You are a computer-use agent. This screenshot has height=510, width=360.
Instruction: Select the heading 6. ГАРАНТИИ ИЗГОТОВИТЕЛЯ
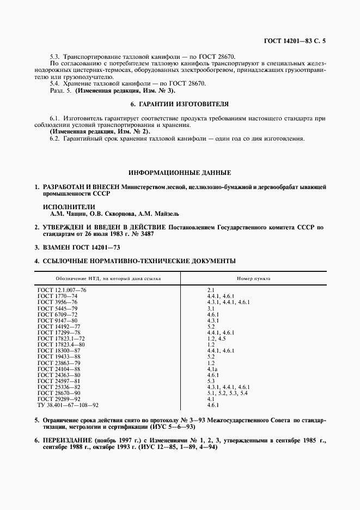[x=179, y=103]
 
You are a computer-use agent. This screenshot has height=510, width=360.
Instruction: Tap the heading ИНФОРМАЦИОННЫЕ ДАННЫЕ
[x=179, y=173]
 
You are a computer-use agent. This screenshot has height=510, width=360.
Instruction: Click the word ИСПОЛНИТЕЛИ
[x=69, y=207]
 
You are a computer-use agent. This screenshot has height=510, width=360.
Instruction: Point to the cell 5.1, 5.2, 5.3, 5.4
[x=228, y=393]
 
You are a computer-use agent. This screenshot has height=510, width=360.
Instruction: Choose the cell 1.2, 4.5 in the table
[x=216, y=338]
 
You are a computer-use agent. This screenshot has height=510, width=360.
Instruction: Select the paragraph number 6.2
[x=54, y=138]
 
